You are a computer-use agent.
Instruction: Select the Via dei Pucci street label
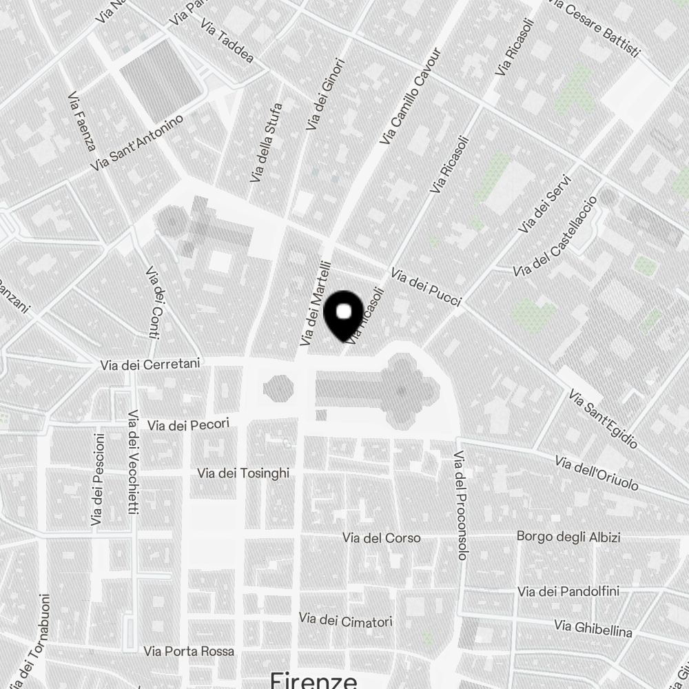425,287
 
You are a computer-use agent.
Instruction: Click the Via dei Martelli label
316,303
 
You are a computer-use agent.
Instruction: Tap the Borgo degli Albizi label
568,537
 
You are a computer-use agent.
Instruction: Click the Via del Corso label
381,537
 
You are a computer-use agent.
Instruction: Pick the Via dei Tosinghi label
243,473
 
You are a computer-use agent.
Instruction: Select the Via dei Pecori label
187,425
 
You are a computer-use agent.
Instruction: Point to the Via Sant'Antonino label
138,143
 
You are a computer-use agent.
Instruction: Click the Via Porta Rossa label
189,650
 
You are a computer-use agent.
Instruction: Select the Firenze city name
313,679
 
